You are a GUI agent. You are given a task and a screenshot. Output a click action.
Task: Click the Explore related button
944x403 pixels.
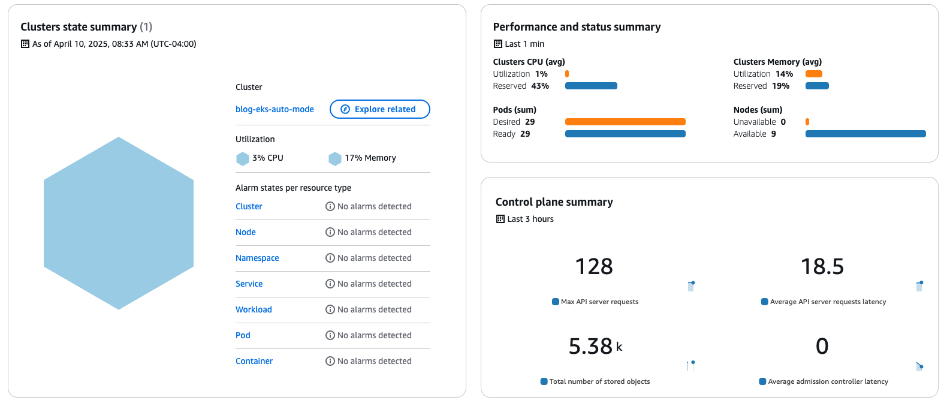click(379, 109)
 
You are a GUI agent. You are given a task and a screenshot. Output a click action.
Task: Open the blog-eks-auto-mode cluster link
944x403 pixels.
click(275, 109)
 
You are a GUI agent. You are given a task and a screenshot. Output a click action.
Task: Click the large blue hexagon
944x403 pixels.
click(119, 223)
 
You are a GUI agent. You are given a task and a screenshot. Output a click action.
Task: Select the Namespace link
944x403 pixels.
click(257, 258)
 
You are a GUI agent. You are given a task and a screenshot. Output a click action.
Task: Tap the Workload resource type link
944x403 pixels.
click(254, 309)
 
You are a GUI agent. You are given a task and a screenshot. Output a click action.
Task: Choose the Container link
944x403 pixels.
click(254, 361)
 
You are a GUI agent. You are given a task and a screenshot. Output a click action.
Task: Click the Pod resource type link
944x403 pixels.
click(243, 335)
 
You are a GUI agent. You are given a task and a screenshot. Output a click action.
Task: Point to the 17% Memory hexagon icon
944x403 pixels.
click(335, 158)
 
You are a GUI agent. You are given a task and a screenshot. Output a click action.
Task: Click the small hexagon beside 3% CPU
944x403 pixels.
click(243, 158)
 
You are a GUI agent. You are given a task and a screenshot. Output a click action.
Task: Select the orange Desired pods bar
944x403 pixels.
click(625, 122)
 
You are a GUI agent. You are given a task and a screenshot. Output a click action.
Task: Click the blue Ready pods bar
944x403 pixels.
click(625, 134)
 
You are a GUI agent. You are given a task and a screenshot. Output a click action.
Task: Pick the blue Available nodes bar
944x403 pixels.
click(865, 134)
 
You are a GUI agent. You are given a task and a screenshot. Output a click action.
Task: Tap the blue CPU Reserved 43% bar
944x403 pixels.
click(591, 86)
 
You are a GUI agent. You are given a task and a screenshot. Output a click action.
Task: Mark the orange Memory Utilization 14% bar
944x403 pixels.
click(813, 74)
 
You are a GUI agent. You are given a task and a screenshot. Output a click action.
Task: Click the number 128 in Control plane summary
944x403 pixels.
click(594, 266)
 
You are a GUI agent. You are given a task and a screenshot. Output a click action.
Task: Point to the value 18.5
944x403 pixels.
click(822, 266)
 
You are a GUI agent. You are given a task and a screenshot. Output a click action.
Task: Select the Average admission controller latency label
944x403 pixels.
click(828, 381)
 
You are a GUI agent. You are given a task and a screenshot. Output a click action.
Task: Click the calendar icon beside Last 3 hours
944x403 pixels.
click(500, 219)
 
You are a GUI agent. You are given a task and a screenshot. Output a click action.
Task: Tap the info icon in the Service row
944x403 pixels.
click(330, 284)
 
